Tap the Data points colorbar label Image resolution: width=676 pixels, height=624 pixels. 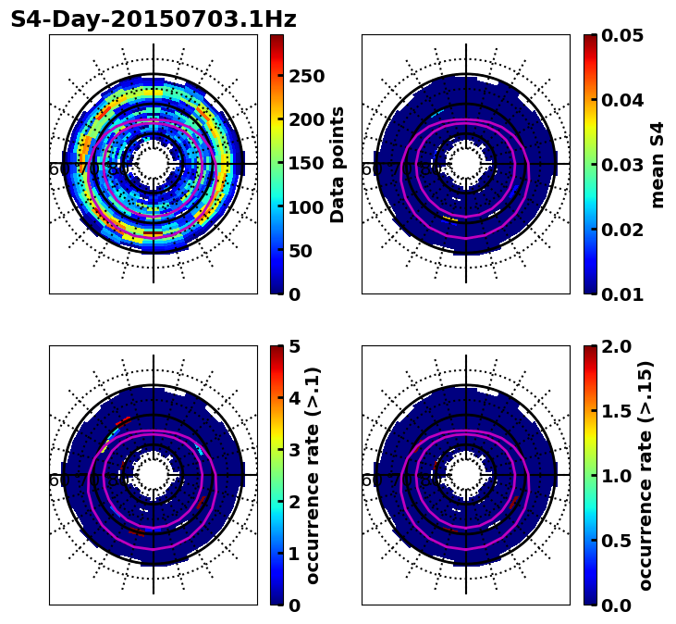click(338, 164)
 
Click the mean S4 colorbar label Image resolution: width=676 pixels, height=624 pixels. click(658, 164)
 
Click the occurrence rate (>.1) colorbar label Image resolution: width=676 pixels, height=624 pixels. click(313, 475)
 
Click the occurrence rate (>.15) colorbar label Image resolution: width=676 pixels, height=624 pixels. click(645, 475)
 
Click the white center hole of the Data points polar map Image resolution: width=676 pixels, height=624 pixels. click(154, 164)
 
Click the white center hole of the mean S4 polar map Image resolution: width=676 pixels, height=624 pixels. click(466, 164)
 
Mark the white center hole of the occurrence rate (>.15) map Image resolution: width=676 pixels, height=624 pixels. click(466, 475)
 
